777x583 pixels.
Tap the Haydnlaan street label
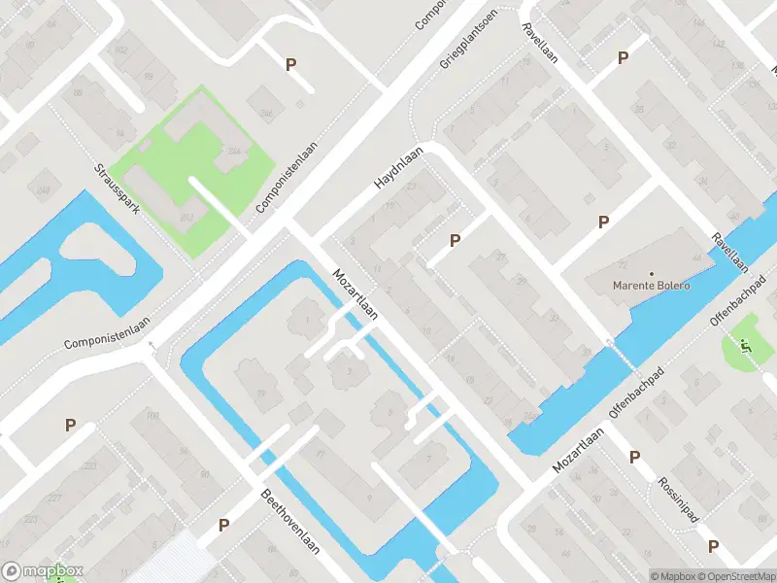(399, 168)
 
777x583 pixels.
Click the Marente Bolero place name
(651, 286)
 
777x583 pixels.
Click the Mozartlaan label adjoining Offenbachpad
(579, 453)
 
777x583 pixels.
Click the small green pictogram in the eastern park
(746, 344)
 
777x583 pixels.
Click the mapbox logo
(42, 571)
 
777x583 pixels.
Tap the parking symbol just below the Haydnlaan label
(454, 240)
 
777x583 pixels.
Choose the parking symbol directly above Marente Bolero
(603, 223)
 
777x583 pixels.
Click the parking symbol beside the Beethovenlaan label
(223, 526)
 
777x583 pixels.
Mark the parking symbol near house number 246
(289, 65)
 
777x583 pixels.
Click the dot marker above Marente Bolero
(651, 273)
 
